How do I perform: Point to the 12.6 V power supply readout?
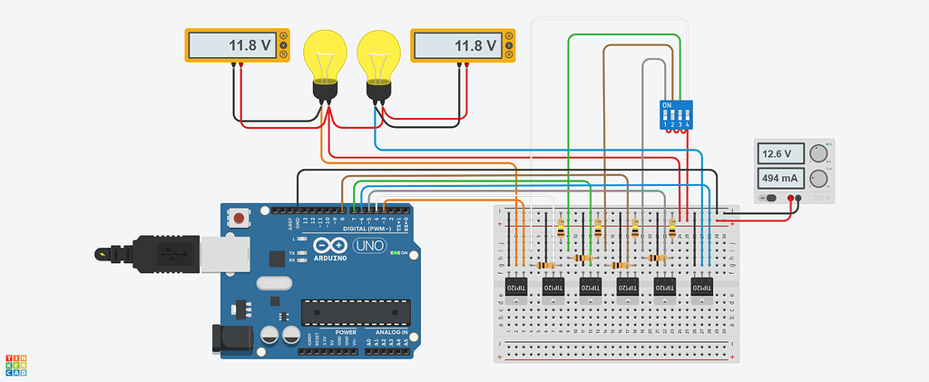pyautogui.click(x=780, y=153)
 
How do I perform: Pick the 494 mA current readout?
pyautogui.click(x=780, y=177)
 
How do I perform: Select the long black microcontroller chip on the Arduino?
pyautogui.click(x=354, y=311)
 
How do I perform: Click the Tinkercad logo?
pyautogui.click(x=15, y=364)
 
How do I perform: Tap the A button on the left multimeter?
pyautogui.click(x=284, y=35)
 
